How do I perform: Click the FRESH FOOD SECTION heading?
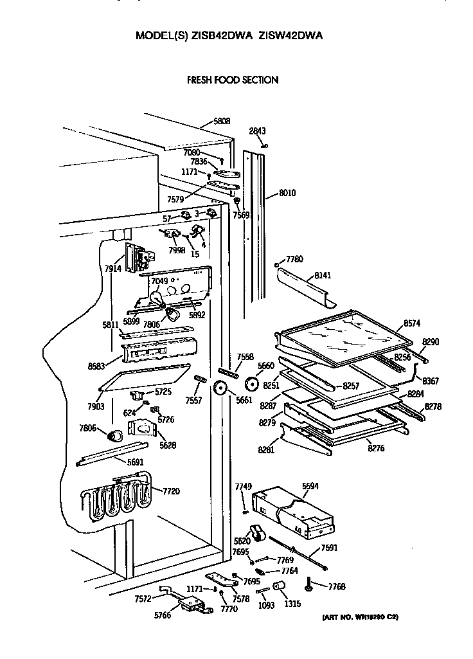(232, 80)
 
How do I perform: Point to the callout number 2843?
(257, 131)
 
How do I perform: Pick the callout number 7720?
(171, 491)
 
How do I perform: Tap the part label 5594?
(311, 488)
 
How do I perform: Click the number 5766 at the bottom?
(163, 615)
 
